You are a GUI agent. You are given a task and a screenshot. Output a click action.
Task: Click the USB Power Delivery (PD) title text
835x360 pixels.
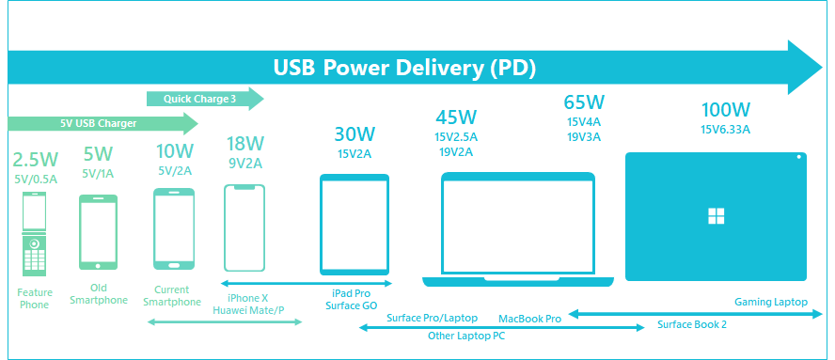coord(404,68)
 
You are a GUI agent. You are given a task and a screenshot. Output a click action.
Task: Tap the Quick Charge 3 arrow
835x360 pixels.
coord(205,99)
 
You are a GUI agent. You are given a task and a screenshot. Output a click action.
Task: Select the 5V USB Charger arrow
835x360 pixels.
coord(102,123)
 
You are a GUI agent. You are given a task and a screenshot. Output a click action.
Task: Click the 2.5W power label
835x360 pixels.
coord(36,160)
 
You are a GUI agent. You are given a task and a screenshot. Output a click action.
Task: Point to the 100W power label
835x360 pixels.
coord(725,110)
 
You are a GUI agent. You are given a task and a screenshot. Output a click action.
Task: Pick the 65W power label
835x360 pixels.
coord(584,102)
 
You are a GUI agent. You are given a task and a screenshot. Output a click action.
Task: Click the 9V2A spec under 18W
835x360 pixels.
coord(245,163)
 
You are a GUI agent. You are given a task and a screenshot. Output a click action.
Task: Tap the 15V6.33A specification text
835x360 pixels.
coord(725,129)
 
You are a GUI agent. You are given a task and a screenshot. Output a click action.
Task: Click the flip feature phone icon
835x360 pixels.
coord(35,234)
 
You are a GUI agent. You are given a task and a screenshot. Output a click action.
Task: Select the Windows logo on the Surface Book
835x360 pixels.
coord(717,217)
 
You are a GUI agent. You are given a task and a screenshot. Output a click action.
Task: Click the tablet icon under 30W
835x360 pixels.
coord(354,225)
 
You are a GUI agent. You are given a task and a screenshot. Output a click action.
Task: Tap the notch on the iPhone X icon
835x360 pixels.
coord(244,187)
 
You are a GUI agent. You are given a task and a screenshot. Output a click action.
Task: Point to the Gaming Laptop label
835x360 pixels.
coord(771,302)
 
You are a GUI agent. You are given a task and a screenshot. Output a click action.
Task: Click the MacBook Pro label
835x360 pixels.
coord(529,319)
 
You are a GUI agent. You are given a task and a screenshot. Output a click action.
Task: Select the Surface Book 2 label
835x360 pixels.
coord(692,324)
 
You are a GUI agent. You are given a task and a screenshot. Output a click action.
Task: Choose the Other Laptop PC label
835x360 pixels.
coord(466,337)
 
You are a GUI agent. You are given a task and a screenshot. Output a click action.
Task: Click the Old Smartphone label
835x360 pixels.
coord(98,293)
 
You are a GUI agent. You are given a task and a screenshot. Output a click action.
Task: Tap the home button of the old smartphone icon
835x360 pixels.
coord(98,265)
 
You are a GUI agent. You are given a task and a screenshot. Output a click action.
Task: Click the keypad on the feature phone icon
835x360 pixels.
coord(35,260)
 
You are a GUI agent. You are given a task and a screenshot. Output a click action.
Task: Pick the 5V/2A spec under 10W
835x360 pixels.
coord(174,171)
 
